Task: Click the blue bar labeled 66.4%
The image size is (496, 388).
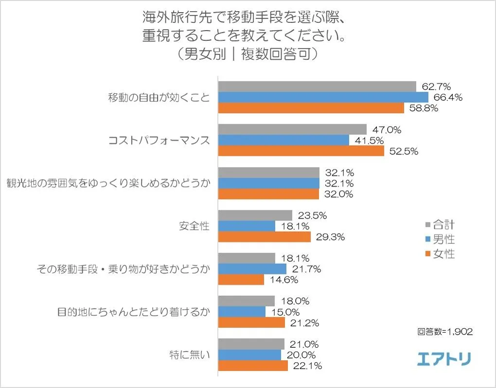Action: click(x=323, y=97)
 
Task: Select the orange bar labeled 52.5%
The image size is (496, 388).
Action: click(x=301, y=151)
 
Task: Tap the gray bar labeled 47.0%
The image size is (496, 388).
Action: click(x=292, y=129)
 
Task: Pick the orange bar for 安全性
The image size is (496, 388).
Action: click(x=264, y=237)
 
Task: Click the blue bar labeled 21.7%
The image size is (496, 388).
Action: click(x=252, y=269)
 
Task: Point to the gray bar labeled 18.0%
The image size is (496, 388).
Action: click(x=246, y=301)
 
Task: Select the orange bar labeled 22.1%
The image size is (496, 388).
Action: click(x=253, y=366)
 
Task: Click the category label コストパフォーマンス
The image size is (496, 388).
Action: click(x=159, y=140)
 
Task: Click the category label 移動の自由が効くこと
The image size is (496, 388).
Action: click(x=159, y=97)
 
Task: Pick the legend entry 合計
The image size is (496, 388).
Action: click(x=440, y=224)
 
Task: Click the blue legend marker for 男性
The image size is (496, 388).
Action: click(x=427, y=239)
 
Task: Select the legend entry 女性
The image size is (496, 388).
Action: click(x=440, y=253)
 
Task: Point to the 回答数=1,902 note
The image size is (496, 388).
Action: click(x=445, y=332)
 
